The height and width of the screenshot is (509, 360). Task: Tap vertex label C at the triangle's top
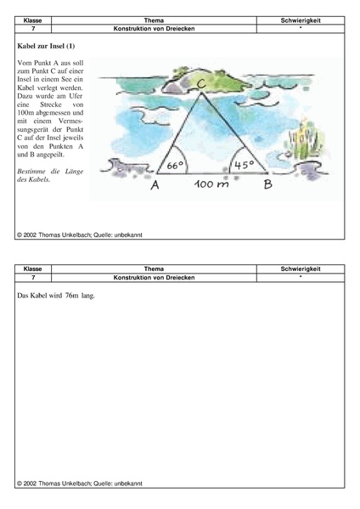[x=200, y=82]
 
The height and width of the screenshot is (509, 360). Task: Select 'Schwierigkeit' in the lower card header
[x=300, y=269]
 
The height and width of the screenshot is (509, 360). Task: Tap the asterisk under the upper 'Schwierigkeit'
[x=300, y=27]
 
